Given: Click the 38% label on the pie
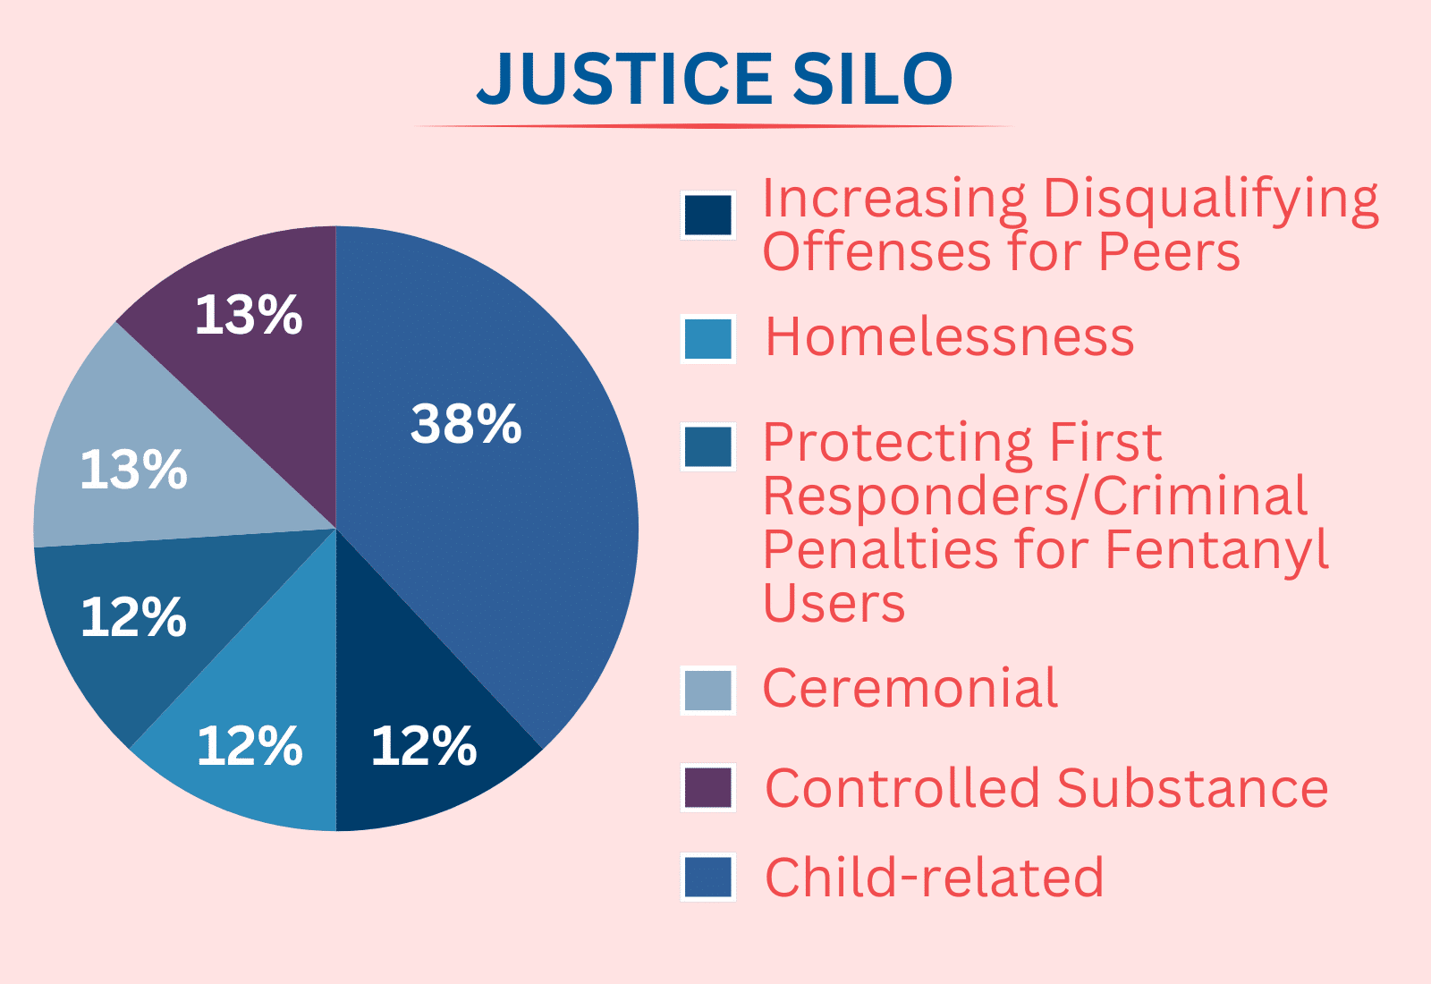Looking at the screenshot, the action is pos(466,424).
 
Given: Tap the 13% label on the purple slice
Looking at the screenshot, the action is pos(249,314).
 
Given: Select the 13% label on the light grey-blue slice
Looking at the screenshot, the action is pos(133,470).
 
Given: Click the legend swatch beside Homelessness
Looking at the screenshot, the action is pos(707,339).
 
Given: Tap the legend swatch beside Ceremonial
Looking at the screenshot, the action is pos(707,690).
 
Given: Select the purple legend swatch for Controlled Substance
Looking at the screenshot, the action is pos(707,787).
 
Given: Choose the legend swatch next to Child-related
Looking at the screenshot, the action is pos(707,877).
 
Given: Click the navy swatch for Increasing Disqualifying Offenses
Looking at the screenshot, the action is pos(707,216).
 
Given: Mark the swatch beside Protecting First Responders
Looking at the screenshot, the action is pos(707,446).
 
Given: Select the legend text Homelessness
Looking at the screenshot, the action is pos(949,336).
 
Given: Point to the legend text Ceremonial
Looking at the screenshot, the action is pos(910,688).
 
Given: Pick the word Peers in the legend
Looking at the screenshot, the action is pos(1169,251).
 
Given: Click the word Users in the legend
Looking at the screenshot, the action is pos(834,602).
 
